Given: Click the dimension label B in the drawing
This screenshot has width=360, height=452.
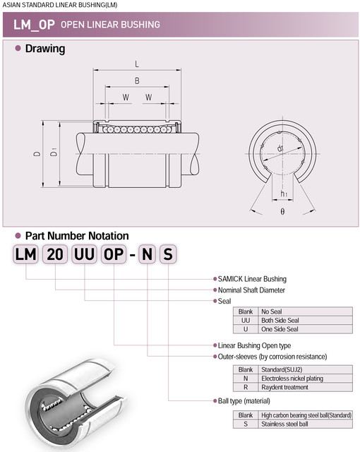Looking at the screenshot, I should [x=136, y=81].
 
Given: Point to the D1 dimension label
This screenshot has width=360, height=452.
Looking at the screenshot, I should [x=54, y=153].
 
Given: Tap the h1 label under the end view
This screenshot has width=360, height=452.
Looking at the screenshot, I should [x=284, y=194].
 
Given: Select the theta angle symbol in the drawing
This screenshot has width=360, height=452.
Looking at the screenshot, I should [x=282, y=211].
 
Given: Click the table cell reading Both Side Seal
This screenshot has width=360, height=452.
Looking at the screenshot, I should [x=280, y=320].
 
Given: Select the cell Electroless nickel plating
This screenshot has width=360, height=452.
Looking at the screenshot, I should [x=292, y=379].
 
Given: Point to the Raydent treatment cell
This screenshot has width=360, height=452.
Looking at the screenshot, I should [x=284, y=388].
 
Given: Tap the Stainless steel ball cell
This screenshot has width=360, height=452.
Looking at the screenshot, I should [x=285, y=424].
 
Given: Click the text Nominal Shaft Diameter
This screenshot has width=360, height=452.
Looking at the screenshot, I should [x=251, y=290].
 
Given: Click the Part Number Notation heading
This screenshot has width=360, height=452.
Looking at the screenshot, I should [x=77, y=236].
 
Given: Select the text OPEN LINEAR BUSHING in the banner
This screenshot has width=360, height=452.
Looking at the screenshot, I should [x=110, y=25].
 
